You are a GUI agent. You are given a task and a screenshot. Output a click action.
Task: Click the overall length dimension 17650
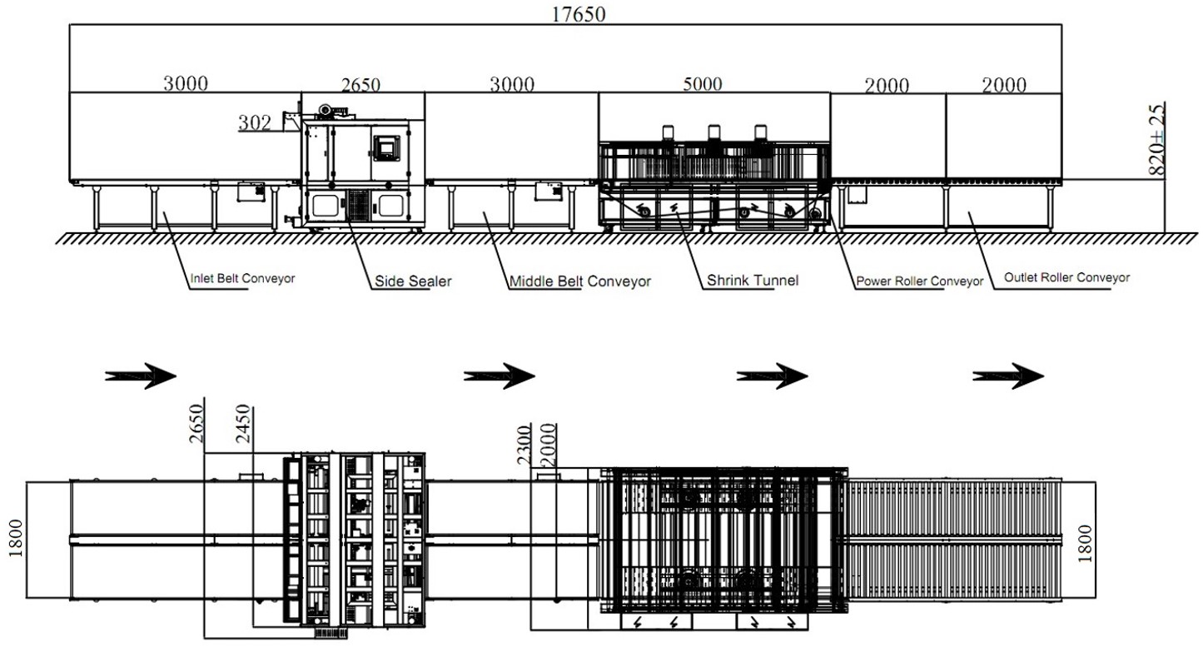pos(579,14)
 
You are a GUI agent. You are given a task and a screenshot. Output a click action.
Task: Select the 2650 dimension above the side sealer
pos(361,85)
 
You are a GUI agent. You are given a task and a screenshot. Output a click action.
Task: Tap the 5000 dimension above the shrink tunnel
pos(703,84)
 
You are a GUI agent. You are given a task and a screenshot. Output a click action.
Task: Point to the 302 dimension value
pos(255,123)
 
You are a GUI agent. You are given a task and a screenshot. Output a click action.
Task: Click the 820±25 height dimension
pos(1157,139)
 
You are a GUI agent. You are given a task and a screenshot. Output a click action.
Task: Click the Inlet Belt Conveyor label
pos(243,278)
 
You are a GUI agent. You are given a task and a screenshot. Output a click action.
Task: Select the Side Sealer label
pos(413,281)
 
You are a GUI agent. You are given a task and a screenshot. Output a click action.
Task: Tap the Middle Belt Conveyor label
pos(580,281)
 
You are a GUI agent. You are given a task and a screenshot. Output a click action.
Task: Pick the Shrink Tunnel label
pos(753,280)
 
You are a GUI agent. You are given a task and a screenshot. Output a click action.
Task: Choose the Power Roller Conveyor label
pos(919,281)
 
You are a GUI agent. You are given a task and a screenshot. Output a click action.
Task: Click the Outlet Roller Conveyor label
pos(1066,278)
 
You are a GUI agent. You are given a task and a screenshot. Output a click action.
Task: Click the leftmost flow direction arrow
pos(141,376)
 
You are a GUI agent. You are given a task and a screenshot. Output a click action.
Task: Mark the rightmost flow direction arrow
pos(1008,376)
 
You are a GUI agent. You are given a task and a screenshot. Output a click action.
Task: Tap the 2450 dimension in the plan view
pos(243,423)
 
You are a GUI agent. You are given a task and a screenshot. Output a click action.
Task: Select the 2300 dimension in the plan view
pos(524,445)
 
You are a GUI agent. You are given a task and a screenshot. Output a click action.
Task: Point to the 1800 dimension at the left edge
pos(16,538)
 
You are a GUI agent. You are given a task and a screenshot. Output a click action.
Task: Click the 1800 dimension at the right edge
pos(1086,544)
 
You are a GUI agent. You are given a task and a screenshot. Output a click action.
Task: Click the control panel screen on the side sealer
pos(386,147)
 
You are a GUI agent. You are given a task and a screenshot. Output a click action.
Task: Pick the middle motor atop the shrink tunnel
pos(713,132)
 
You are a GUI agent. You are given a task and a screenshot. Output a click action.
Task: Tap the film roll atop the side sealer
pos(325,110)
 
